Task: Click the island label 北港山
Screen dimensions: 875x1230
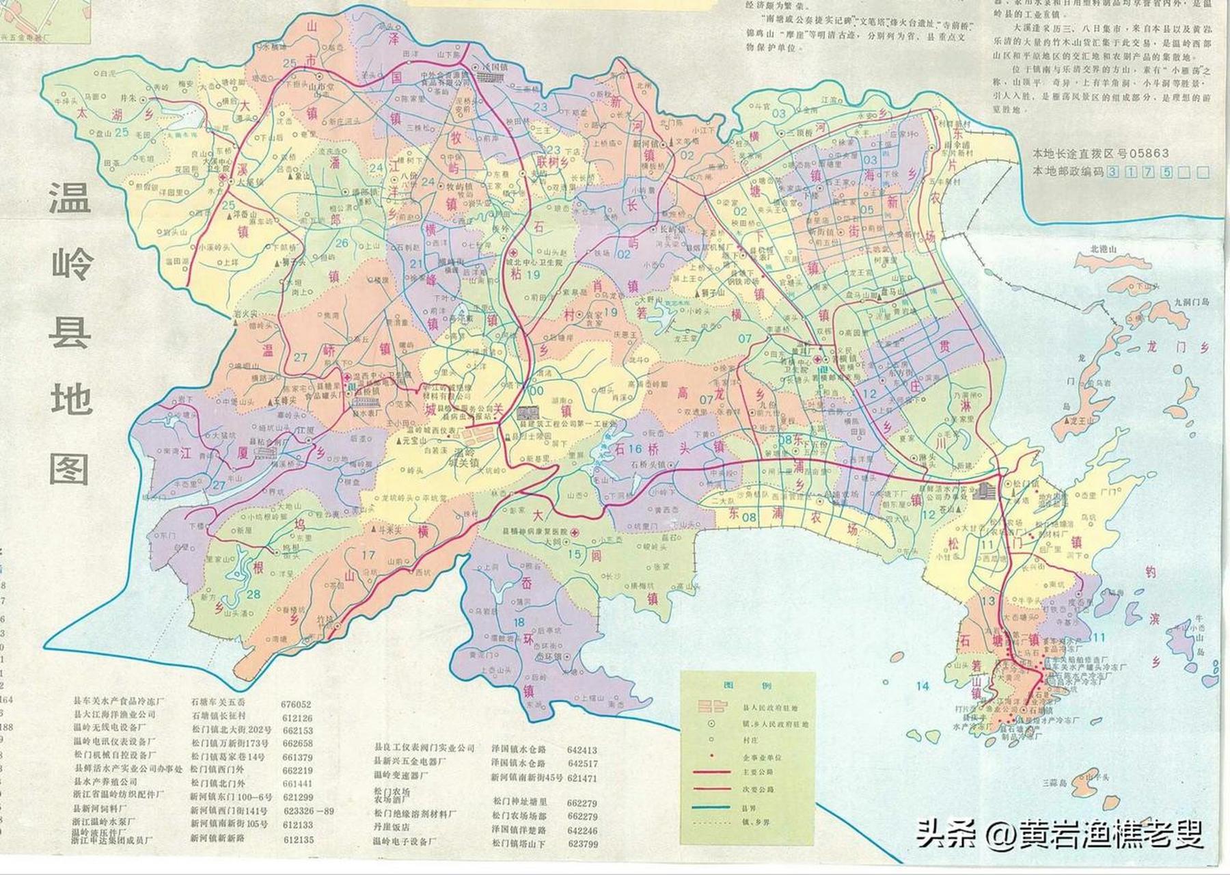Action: click(1103, 250)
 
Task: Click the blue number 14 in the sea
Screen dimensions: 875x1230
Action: click(923, 686)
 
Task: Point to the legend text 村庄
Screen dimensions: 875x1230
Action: click(752, 740)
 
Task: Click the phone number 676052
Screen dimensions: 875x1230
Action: click(295, 704)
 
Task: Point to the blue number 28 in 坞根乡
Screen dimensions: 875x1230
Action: click(254, 594)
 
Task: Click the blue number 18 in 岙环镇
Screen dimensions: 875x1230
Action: click(519, 621)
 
